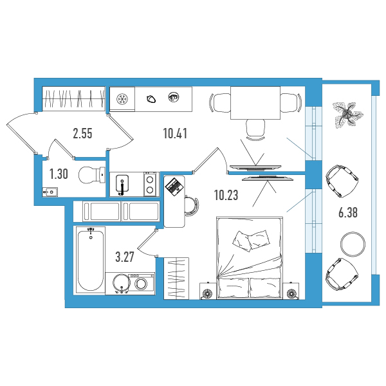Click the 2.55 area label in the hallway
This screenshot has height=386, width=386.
pos(83,134)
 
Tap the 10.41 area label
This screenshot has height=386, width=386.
pos(175,133)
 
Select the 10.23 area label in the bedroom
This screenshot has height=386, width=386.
pos(226,195)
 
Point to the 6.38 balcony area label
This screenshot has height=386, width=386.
pos(348,212)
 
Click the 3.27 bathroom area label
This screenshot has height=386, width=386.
pos(125,257)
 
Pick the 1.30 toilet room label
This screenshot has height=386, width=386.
pos(59,174)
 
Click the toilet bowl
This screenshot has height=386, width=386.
pos(91,175)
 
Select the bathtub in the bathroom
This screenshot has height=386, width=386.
pos(90,260)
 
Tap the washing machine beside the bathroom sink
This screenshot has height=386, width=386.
pos(142,283)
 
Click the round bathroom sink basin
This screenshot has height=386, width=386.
pos(121,283)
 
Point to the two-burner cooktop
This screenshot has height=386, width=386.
pos(150,185)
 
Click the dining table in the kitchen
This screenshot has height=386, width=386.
pos(255,103)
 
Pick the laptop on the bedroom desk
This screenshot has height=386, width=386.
pos(175,187)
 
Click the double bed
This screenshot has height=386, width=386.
pos(249,258)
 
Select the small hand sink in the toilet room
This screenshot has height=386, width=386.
pos(50,192)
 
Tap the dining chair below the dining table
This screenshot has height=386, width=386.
pos(255,129)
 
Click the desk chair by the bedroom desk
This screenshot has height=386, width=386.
pos(191,206)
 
